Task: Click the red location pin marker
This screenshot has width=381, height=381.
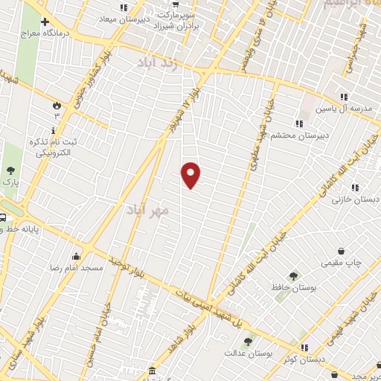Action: tap(191, 174)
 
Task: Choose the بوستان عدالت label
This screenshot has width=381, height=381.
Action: tap(248, 353)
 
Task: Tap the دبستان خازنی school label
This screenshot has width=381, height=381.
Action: tap(355, 199)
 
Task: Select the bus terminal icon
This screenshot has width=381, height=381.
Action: tap(4, 217)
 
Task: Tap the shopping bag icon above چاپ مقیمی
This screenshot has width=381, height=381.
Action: tap(341, 251)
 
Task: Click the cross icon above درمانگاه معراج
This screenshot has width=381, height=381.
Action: tap(45, 22)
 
